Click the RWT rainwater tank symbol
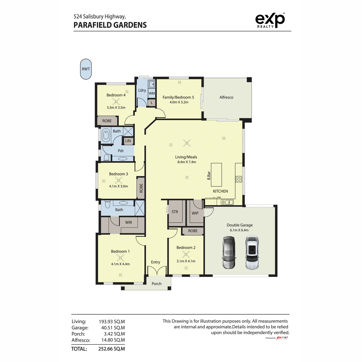coord(86,69)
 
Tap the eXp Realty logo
coord(270,20)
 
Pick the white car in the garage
coord(252,252)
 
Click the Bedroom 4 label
coord(116,95)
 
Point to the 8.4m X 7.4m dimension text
coord(186,162)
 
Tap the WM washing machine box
coord(152,93)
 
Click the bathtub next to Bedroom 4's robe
coord(106,135)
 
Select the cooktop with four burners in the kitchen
coord(239,179)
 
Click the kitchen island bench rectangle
coord(216,175)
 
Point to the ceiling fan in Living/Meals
coord(187,143)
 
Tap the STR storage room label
coord(175,212)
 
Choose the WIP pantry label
coord(195,213)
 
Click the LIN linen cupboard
coord(128,141)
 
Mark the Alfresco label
coord(226,97)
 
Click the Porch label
coord(156,284)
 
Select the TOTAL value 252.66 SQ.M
coord(111,349)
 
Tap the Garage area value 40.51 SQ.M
coord(113,328)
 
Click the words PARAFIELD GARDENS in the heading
coord(110,25)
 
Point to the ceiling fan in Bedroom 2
coord(186,255)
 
